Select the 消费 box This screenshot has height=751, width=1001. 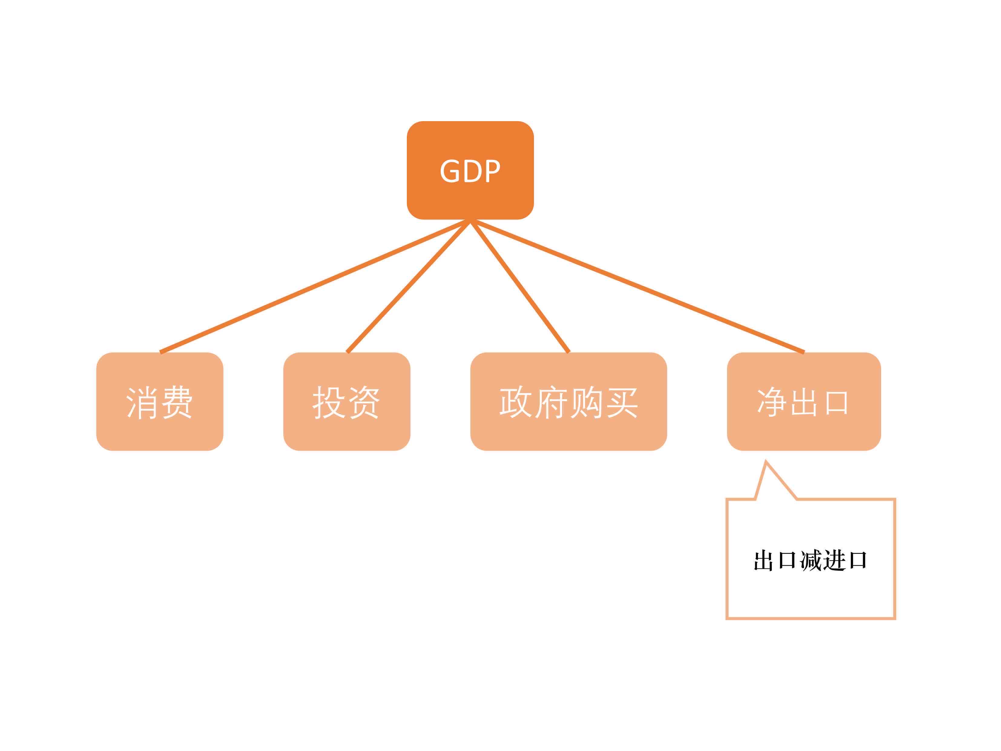(x=160, y=402)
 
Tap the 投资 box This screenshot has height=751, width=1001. (x=347, y=402)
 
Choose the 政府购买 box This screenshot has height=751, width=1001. (x=568, y=402)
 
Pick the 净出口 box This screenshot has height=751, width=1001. (x=804, y=402)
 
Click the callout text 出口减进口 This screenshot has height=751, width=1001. (x=810, y=561)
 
